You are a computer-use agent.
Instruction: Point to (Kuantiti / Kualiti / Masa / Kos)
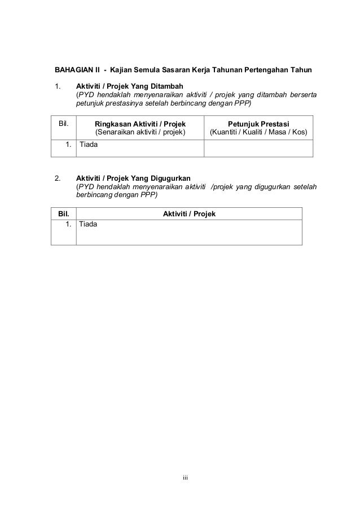[x=258, y=133]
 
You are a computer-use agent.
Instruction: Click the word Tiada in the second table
[x=89, y=224]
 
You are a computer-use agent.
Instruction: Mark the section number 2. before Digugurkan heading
[x=57, y=178]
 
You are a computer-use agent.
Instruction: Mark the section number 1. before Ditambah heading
[x=57, y=85]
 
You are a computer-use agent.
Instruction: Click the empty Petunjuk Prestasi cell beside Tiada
[x=258, y=147]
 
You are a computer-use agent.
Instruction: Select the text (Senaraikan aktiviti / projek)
[x=141, y=133]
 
